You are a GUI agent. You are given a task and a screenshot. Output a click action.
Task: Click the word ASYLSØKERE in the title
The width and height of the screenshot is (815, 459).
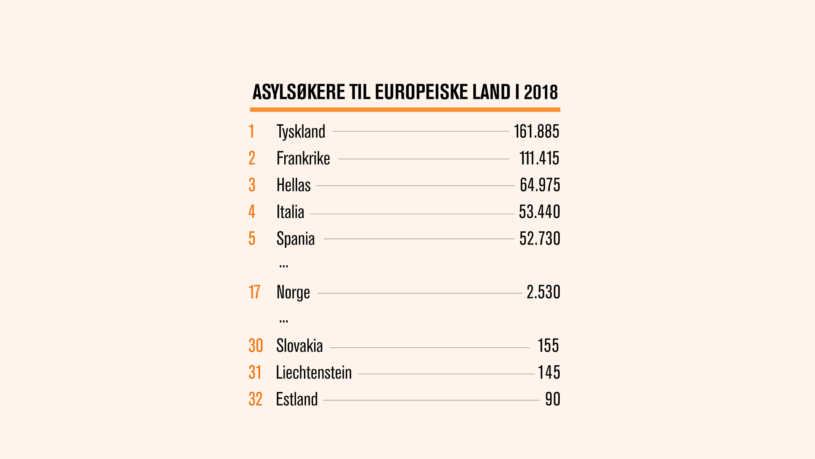coord(299,92)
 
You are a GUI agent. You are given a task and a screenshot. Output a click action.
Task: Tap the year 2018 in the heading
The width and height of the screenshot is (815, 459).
coord(541,92)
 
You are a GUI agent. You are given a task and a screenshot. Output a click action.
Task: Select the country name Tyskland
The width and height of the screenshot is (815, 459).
coord(301,132)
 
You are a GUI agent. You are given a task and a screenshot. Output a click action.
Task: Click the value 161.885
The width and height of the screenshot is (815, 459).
coord(536,131)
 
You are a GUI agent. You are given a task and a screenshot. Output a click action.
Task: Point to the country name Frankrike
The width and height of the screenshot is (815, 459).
coord(303,158)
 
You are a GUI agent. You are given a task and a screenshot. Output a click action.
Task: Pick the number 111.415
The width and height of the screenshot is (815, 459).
coord(539,158)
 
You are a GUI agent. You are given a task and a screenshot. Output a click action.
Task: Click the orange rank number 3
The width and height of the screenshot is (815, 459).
coord(252,185)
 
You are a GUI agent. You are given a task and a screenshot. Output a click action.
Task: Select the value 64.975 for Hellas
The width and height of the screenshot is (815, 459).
coord(540,185)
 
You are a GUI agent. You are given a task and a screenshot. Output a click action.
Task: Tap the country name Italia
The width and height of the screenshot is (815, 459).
coord(290,212)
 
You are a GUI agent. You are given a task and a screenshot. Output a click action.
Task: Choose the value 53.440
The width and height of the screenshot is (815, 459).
coord(539,212)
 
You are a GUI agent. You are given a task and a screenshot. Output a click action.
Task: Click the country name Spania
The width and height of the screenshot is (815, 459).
coord(295,239)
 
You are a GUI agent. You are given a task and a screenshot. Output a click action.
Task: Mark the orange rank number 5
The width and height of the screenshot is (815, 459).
coord(252,238)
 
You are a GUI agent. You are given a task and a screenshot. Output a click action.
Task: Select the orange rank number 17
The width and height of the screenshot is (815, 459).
coord(254,292)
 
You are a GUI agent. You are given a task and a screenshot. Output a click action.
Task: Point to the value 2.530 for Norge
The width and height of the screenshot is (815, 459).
coord(543,292)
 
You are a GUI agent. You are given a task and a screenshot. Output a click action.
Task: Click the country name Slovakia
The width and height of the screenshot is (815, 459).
coord(299,346)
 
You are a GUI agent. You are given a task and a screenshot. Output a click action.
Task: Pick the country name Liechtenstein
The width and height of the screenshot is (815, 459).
coord(314,373)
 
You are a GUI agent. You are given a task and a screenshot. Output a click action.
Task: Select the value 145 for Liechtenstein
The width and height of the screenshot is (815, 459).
coord(549,372)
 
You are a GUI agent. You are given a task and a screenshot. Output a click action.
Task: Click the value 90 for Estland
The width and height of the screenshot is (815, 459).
coord(552,399)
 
